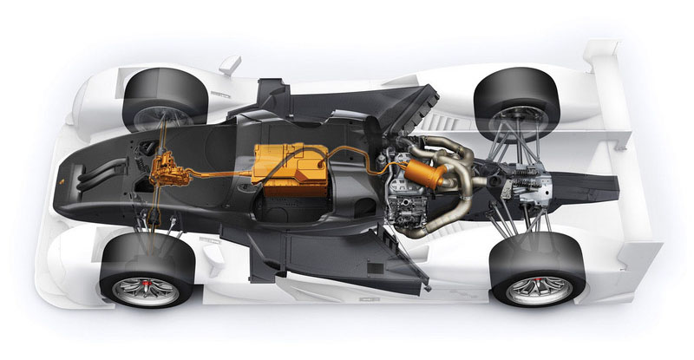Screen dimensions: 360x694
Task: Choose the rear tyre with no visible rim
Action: point(512,100)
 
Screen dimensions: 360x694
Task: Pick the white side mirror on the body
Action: point(229,64)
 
